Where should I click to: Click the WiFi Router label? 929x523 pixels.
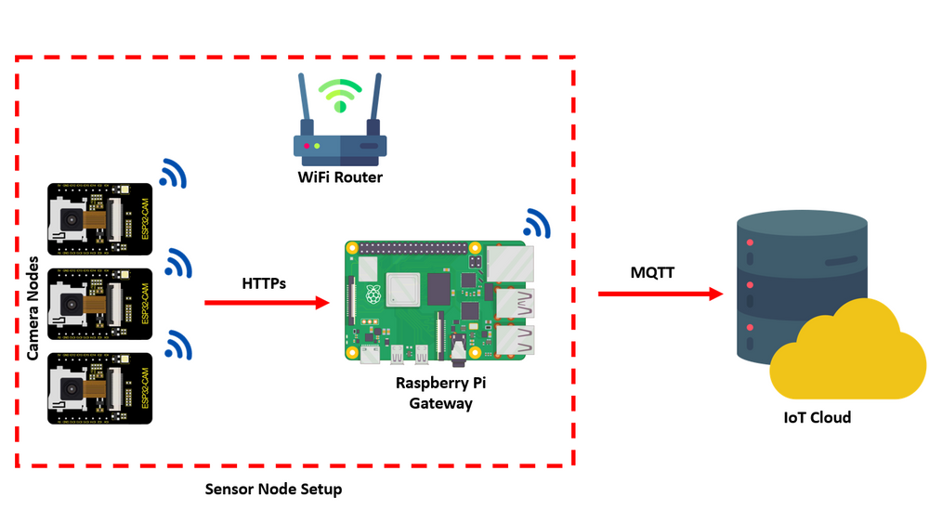tap(340, 177)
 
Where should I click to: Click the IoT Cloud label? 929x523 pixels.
tap(817, 418)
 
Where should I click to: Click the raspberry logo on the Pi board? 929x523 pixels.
tap(373, 294)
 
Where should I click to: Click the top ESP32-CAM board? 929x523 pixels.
tap(100, 219)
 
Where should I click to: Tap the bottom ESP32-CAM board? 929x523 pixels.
tap(100, 388)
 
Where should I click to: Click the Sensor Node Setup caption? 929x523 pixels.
tap(273, 490)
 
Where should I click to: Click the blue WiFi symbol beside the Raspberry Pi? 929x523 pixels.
tap(536, 222)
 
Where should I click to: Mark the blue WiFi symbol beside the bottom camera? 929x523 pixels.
tap(177, 346)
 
